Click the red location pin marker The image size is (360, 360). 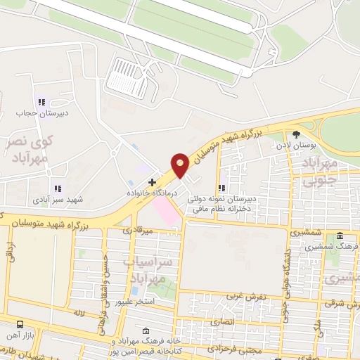point(180,165)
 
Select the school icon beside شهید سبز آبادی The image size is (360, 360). point(56,188)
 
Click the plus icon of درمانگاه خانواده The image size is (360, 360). point(153,182)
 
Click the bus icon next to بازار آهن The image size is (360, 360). point(20,325)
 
